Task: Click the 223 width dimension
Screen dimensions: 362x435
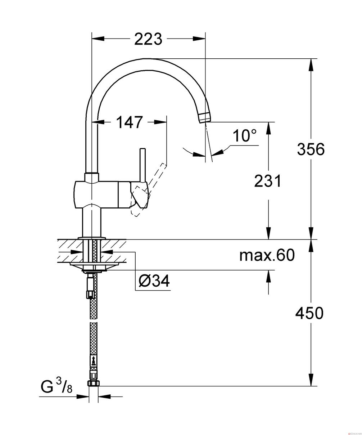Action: [148, 39]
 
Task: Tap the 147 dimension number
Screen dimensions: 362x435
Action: [129, 122]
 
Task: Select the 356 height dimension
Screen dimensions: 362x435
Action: [311, 149]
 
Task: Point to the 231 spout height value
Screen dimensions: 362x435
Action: [267, 181]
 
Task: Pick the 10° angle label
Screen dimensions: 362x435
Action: [244, 135]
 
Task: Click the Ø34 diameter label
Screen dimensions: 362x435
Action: [154, 281]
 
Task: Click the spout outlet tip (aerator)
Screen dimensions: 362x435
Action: [205, 118]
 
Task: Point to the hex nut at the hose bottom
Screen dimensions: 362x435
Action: [94, 383]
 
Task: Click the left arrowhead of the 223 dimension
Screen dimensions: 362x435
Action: [98, 39]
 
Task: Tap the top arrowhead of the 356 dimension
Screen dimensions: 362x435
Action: [311, 65]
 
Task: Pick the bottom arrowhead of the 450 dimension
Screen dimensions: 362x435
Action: [311, 380]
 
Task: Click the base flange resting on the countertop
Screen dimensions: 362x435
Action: [92, 238]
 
